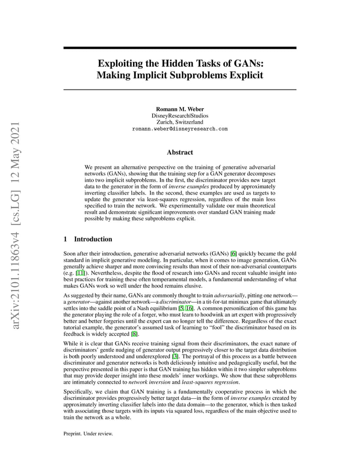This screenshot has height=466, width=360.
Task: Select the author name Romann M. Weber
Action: (x=180, y=109)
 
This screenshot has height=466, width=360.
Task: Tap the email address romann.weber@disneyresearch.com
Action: (x=180, y=129)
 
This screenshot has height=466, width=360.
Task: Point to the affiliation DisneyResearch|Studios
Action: (x=180, y=116)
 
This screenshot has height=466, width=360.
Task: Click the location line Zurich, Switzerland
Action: (x=180, y=122)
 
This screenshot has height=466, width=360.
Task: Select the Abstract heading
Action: (x=180, y=152)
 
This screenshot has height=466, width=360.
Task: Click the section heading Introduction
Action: (x=93, y=239)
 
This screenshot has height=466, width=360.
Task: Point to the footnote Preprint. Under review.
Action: (x=88, y=433)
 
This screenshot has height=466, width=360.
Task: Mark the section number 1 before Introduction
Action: (x=65, y=239)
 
